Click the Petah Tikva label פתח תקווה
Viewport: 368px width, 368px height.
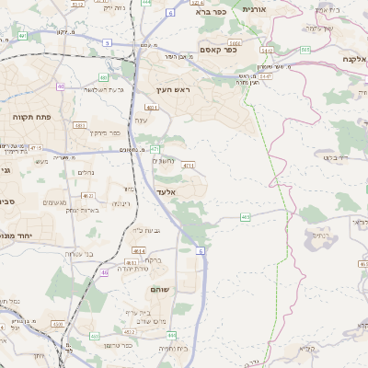30,118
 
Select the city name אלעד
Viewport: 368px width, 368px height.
166,191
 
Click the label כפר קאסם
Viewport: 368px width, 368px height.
219,51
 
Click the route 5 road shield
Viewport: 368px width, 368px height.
107,42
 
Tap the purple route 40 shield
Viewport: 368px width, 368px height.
60,86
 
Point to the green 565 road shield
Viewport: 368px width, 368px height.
245,217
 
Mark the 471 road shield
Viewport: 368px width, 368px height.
155,148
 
